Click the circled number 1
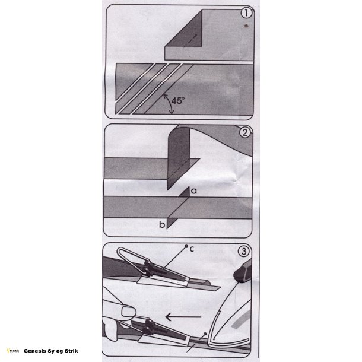point(246,13)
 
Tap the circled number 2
point(245,132)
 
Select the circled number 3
point(244,251)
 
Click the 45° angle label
point(178,101)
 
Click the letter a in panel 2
point(194,191)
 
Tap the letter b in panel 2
point(162,224)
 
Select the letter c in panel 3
point(192,249)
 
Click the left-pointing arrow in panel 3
point(183,317)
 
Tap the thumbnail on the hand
point(128,312)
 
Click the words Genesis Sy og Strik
point(51,351)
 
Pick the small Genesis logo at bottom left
point(13,351)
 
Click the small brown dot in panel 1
point(246,26)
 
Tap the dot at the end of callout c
point(186,246)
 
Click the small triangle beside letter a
point(185,193)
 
